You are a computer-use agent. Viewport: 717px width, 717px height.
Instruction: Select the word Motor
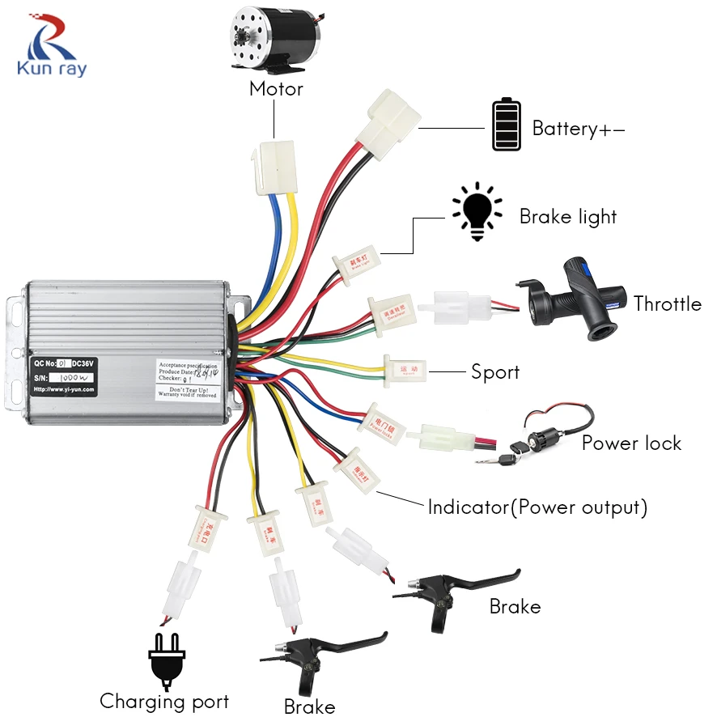click(x=276, y=89)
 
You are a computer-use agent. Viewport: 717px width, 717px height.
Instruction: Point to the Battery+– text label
click(x=578, y=129)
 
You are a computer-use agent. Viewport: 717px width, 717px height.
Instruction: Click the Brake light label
click(x=567, y=217)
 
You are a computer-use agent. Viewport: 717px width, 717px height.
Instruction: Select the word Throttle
click(x=667, y=304)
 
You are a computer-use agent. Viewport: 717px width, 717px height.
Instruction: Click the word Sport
click(x=494, y=372)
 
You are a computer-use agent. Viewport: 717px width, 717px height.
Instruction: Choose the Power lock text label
click(x=631, y=443)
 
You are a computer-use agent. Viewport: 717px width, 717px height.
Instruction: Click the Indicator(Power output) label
click(x=537, y=507)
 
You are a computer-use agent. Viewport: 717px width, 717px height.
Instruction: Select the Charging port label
click(x=164, y=701)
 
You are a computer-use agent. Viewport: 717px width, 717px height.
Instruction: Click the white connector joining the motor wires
click(x=274, y=168)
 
